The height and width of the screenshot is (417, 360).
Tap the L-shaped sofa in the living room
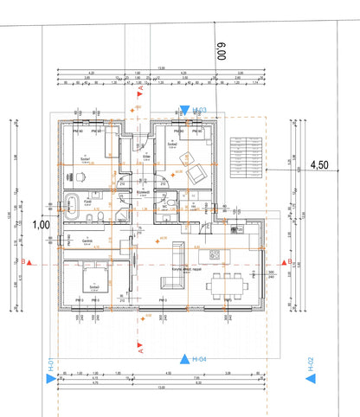coord(176,260)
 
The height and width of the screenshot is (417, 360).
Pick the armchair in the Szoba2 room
coord(196,173)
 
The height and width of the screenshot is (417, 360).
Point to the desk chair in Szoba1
coord(80,177)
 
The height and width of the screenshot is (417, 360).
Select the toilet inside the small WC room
coord(173,203)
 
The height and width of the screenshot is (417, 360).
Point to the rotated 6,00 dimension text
coord(220,59)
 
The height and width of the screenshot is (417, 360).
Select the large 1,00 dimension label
coord(40,223)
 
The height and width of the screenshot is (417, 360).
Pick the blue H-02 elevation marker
coord(310,369)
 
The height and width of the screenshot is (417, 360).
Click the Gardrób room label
coord(87,241)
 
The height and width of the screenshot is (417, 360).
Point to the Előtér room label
coord(146,157)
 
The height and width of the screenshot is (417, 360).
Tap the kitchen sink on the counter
coord(239,230)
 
